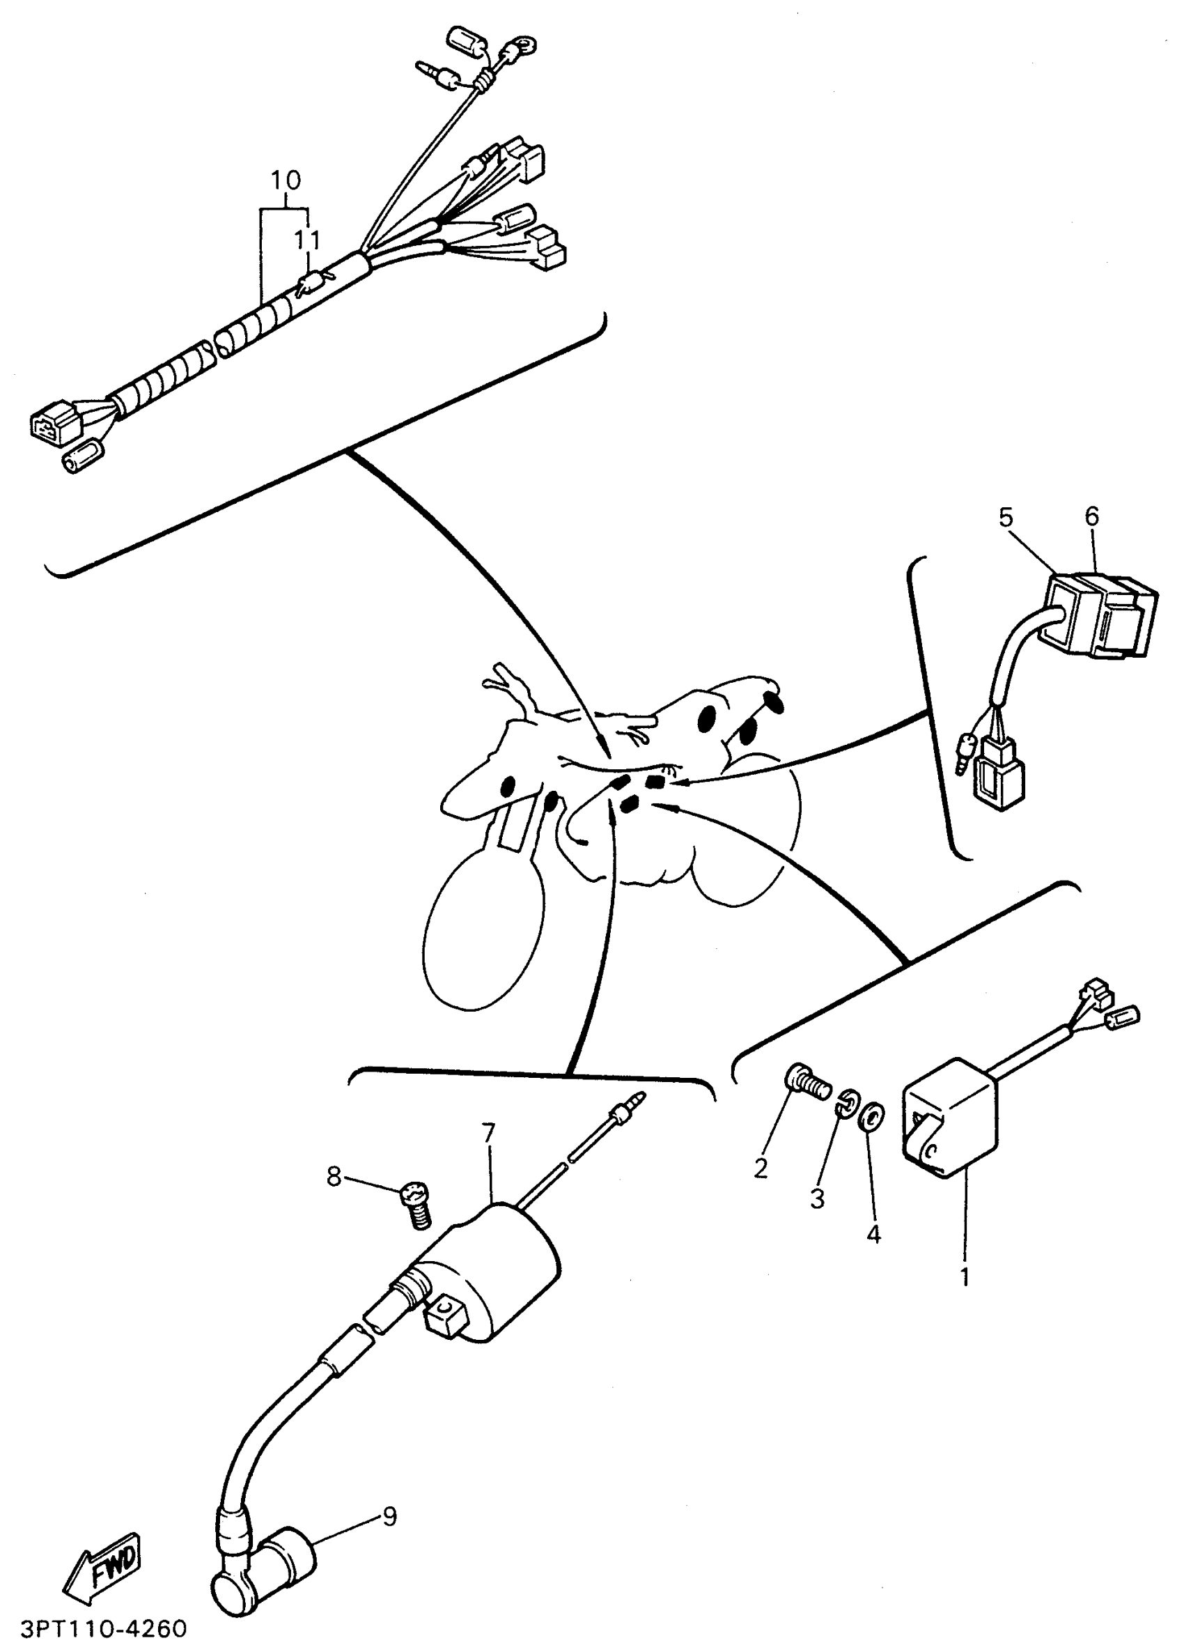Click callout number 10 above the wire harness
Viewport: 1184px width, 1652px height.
(x=286, y=180)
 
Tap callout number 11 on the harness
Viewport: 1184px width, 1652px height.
(x=306, y=240)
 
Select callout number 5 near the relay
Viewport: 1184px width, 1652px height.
(x=1006, y=518)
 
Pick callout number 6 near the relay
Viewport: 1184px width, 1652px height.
(x=1091, y=516)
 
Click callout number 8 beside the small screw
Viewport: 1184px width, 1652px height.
(x=334, y=1175)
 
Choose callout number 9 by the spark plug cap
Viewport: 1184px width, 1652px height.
(x=390, y=1518)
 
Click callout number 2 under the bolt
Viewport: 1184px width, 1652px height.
(x=761, y=1168)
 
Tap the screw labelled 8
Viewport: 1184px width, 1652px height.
(x=415, y=1205)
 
